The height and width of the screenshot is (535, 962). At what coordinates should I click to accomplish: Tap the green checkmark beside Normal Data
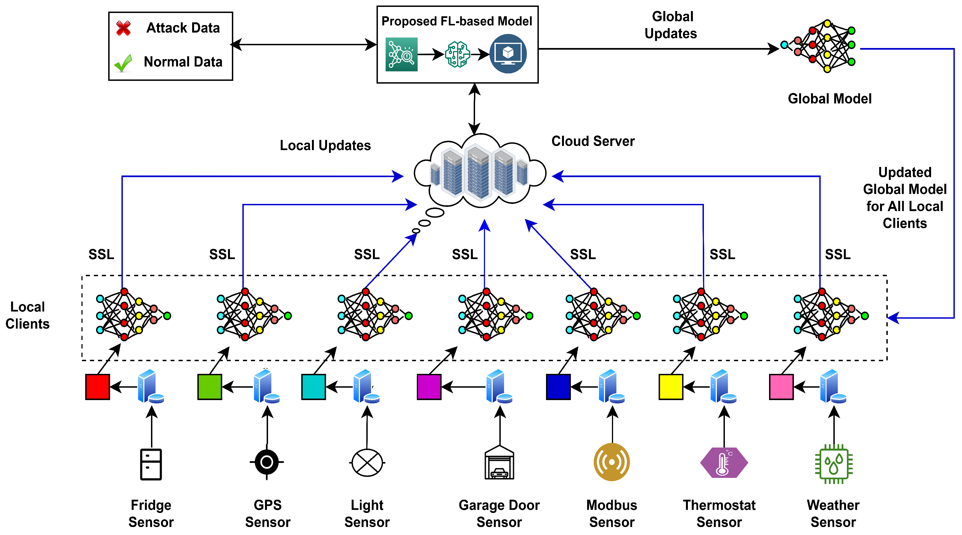[123, 63]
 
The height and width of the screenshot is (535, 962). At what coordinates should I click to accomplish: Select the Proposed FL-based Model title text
[457, 21]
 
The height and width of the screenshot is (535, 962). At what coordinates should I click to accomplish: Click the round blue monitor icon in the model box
[508, 54]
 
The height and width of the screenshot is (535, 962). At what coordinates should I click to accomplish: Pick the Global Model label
[830, 99]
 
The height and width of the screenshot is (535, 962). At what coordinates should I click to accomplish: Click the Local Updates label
[325, 145]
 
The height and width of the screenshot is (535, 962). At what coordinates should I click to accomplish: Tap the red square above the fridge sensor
[97, 387]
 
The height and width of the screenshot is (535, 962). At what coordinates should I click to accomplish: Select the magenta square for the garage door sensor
[429, 387]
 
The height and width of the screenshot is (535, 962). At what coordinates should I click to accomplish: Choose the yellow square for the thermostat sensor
[671, 387]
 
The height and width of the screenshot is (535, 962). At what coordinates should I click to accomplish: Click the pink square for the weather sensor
[781, 387]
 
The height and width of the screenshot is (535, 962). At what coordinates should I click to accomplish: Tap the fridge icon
[151, 464]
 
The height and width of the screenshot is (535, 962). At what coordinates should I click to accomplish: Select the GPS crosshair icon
[267, 462]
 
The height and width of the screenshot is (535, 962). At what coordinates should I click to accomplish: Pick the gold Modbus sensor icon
[612, 462]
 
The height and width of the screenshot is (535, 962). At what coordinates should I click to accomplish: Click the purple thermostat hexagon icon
[724, 463]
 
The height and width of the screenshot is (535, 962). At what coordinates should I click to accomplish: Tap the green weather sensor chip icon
[834, 464]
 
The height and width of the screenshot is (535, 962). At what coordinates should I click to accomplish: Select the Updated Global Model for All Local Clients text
[905, 198]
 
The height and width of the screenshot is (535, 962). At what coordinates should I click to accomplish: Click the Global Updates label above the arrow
[671, 25]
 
